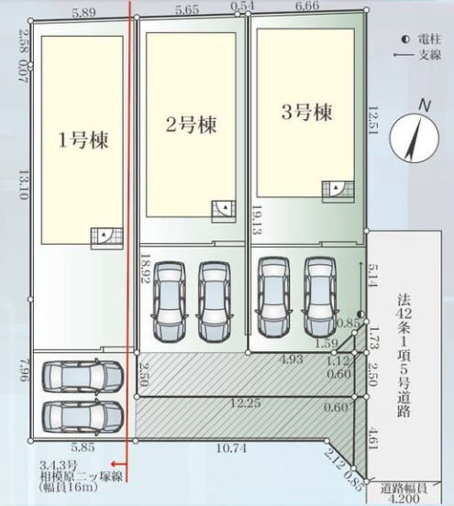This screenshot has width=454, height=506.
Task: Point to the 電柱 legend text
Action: (x=427, y=40)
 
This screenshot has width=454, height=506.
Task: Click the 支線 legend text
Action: (x=427, y=55)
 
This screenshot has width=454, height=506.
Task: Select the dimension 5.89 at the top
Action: (x=85, y=12)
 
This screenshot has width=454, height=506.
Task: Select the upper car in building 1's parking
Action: (x=82, y=375)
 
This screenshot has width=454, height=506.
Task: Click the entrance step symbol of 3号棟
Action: (x=337, y=190)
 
